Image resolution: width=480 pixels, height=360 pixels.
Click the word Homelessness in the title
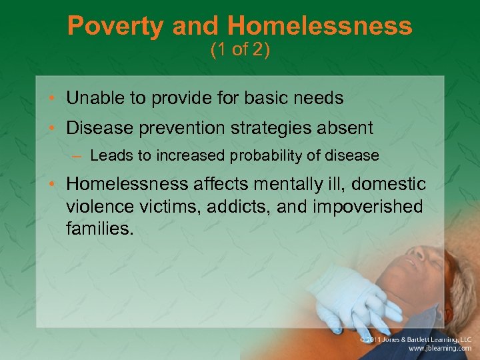[x=319, y=27]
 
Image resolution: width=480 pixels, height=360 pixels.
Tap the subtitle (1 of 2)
[x=240, y=51]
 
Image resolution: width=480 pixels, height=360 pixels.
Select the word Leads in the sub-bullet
[x=107, y=156]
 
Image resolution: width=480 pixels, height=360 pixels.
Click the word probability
[x=269, y=156]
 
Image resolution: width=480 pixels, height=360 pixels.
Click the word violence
[x=97, y=207]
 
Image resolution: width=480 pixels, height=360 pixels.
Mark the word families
[x=99, y=229]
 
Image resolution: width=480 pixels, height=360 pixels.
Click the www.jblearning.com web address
[x=439, y=349]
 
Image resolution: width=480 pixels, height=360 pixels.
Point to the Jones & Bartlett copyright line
[x=416, y=339]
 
